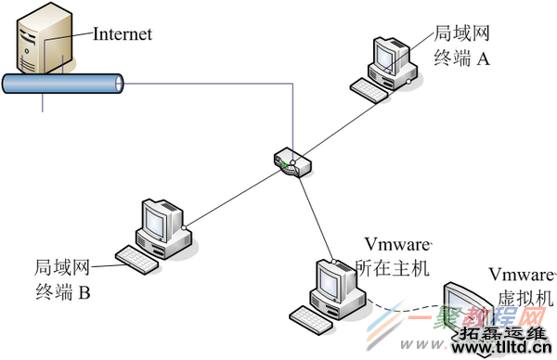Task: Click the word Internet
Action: click(x=123, y=34)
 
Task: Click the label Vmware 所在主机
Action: click(x=394, y=257)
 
